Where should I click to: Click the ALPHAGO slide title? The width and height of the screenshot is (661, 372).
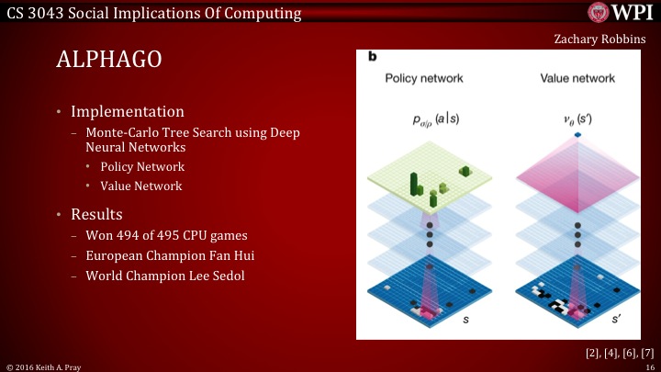pos(109,61)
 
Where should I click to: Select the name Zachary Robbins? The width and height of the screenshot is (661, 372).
pos(600,39)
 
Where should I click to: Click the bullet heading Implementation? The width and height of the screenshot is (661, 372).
pos(127,112)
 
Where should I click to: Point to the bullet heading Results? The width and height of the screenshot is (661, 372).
pos(96,214)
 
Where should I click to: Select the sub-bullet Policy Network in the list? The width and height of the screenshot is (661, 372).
pos(142,166)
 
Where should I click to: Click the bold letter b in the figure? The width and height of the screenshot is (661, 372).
pos(373,57)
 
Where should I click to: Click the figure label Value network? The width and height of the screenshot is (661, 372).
pos(566,80)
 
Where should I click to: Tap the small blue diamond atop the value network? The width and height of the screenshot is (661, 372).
pos(552,136)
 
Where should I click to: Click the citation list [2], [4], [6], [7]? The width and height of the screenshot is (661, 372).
pos(608,352)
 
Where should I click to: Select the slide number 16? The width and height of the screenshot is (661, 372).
pos(649,366)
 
